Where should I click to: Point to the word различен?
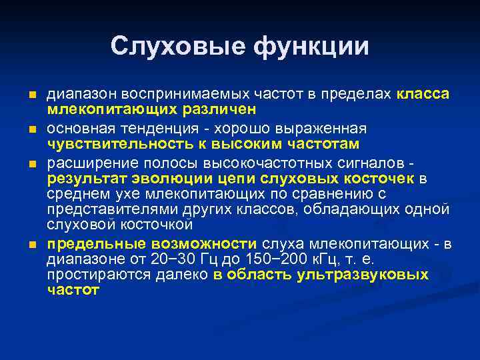coord(222,109)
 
